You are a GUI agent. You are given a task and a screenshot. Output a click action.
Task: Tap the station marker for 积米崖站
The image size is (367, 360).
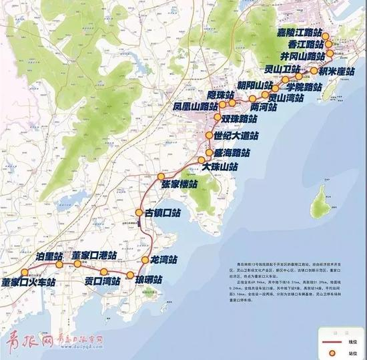313,70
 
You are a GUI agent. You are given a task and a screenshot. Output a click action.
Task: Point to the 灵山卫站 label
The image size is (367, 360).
276,69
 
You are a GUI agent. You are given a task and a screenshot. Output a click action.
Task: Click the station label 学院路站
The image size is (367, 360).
304,87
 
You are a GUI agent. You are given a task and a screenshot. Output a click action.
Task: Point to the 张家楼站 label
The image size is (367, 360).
179,185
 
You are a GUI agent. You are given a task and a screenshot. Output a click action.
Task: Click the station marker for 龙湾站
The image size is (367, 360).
144,259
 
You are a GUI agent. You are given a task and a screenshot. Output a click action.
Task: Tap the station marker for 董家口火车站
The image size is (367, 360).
27,273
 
